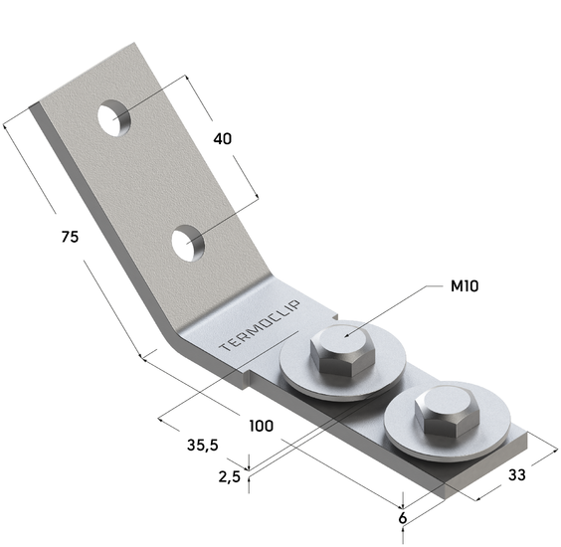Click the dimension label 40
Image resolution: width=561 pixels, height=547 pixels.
pos(222,139)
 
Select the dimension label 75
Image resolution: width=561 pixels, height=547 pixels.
pos(70,237)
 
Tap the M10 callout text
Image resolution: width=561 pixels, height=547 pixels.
pos(465,286)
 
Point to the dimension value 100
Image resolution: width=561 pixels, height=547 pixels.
pos(262,426)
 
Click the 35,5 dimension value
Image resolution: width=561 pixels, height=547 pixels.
pos(203,446)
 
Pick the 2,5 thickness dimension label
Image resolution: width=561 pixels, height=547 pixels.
pos(230,476)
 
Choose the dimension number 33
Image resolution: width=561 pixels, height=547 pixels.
pos(516,475)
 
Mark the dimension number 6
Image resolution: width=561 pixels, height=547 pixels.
pos(403,518)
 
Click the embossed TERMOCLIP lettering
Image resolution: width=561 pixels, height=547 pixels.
pos(260,326)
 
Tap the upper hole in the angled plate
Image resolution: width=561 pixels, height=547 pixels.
pos(113,118)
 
